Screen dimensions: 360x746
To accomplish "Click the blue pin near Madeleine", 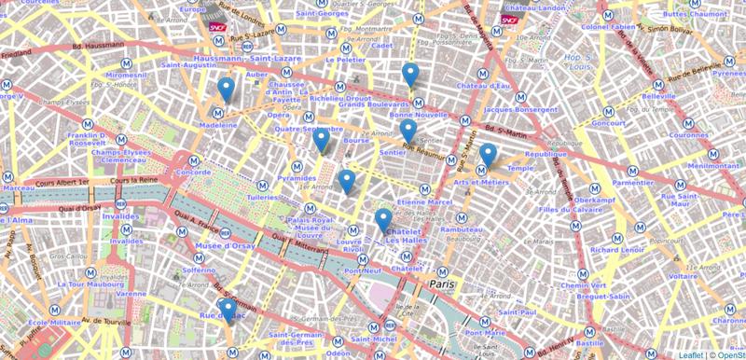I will [x=226, y=90].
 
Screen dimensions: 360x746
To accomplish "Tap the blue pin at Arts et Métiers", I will [x=488, y=156].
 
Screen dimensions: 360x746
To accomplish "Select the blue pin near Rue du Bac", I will [x=227, y=310].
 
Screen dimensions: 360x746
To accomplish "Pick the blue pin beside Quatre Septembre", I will [x=321, y=140].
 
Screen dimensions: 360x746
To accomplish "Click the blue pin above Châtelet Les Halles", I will [x=382, y=221].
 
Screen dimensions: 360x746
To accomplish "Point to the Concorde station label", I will [x=193, y=173].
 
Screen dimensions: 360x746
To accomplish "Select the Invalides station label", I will [x=120, y=215].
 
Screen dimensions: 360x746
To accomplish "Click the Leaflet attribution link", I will [x=691, y=354].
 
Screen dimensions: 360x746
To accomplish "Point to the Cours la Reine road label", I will [x=131, y=180].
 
